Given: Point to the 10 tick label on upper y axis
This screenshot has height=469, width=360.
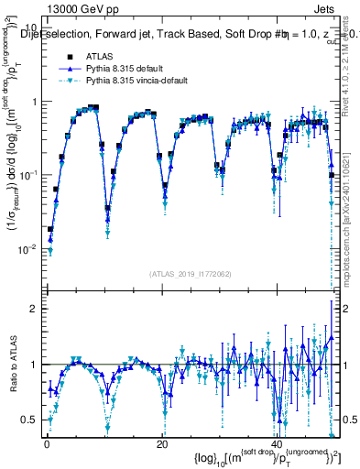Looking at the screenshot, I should [x=32, y=27].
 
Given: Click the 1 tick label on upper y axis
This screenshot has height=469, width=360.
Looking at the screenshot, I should [x=35, y=102].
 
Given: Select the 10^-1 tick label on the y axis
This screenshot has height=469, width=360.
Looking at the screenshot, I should [x=29, y=174].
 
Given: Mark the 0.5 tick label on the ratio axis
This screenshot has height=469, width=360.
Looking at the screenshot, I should [x=31, y=420].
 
